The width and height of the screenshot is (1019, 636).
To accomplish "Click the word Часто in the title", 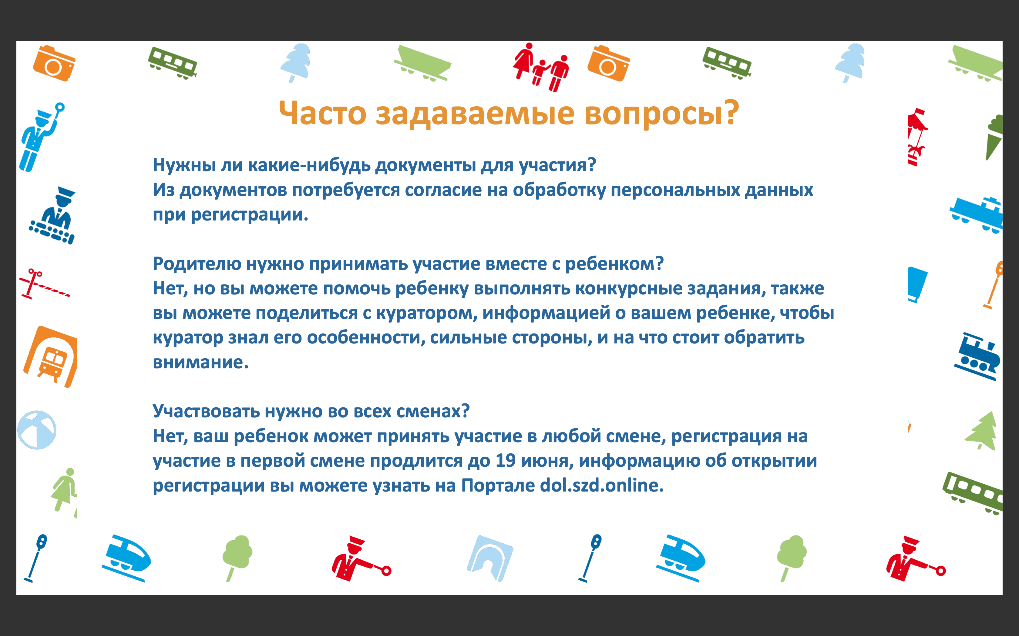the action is (323, 113).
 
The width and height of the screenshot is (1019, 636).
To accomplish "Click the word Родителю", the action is (197, 264).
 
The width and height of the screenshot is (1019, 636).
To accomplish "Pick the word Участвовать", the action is (206, 411).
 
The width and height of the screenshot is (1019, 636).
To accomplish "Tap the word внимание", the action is (200, 363).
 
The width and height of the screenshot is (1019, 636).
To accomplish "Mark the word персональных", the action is (675, 190).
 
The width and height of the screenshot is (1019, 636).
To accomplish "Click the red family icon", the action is (541, 67).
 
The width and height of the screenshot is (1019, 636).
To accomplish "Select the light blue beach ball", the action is (37, 430).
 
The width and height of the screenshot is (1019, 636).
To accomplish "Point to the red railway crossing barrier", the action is (44, 284).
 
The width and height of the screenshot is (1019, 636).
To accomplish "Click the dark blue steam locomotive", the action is (977, 357).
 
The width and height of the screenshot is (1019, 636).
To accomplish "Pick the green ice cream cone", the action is (994, 136).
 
